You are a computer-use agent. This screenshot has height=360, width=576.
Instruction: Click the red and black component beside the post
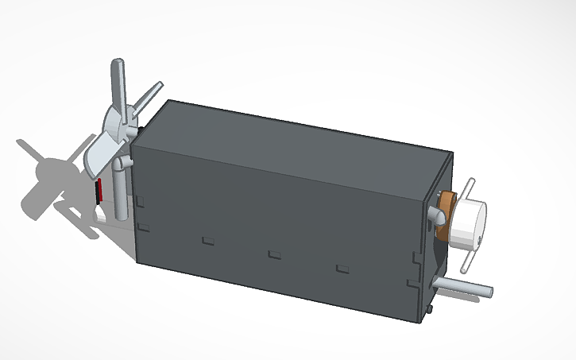point(100,191)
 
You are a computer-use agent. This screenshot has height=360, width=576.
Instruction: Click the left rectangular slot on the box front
point(209,238)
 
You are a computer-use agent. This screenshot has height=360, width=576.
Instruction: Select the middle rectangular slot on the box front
point(275,254)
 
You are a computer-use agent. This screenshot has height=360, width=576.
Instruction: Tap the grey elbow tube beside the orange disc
point(435,215)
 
